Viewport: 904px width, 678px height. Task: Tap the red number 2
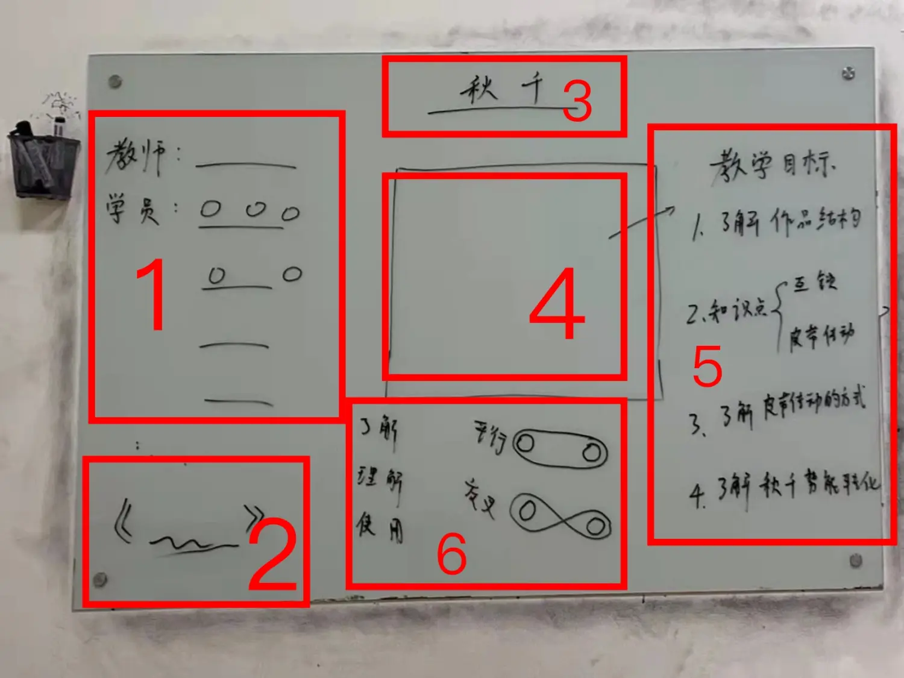tap(272, 557)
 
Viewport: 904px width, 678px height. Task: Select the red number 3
tap(577, 101)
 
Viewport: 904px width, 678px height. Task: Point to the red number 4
tap(557, 304)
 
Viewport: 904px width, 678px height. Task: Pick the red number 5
tap(707, 366)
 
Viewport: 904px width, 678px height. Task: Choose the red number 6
tap(451, 554)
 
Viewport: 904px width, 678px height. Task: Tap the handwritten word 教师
tap(136, 156)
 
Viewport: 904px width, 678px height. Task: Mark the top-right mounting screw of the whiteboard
tap(848, 74)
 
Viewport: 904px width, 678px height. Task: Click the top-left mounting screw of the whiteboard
tap(115, 81)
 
